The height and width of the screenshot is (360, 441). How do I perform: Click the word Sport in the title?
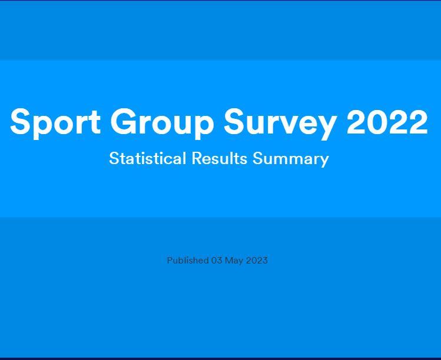click(55, 123)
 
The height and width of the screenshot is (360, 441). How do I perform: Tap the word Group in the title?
click(162, 123)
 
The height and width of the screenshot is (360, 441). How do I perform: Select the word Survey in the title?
click(280, 124)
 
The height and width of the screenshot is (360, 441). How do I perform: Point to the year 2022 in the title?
click(387, 121)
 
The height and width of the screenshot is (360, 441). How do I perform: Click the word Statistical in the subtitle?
click(147, 158)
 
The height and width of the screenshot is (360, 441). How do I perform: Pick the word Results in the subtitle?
click(220, 158)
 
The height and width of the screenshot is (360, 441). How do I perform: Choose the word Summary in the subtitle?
click(291, 159)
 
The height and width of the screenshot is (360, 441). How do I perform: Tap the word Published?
click(188, 260)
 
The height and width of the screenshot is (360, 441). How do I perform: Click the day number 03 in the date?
click(217, 261)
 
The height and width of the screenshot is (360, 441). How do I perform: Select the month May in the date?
click(234, 261)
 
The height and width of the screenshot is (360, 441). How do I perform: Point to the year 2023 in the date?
click(257, 261)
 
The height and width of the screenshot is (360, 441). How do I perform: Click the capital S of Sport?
click(20, 121)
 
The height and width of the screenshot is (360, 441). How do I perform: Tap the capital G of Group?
click(123, 121)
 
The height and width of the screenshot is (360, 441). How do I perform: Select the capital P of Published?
click(170, 260)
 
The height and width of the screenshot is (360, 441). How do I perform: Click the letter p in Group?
click(204, 127)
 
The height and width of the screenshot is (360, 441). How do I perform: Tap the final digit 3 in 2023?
click(264, 261)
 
